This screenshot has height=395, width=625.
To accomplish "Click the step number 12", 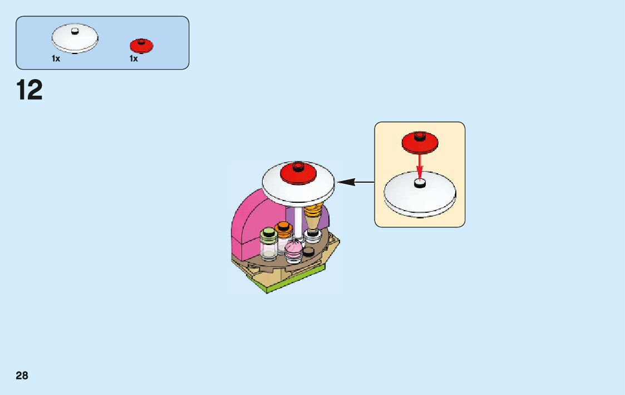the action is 29,90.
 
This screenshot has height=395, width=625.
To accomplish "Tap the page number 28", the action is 22,376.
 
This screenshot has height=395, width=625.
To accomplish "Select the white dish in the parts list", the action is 75,38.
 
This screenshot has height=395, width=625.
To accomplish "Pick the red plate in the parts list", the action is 141,45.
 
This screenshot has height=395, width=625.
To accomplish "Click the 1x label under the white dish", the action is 56,58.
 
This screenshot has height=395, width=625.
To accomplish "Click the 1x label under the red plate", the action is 134,58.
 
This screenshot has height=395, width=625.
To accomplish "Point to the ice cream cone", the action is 313,218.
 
